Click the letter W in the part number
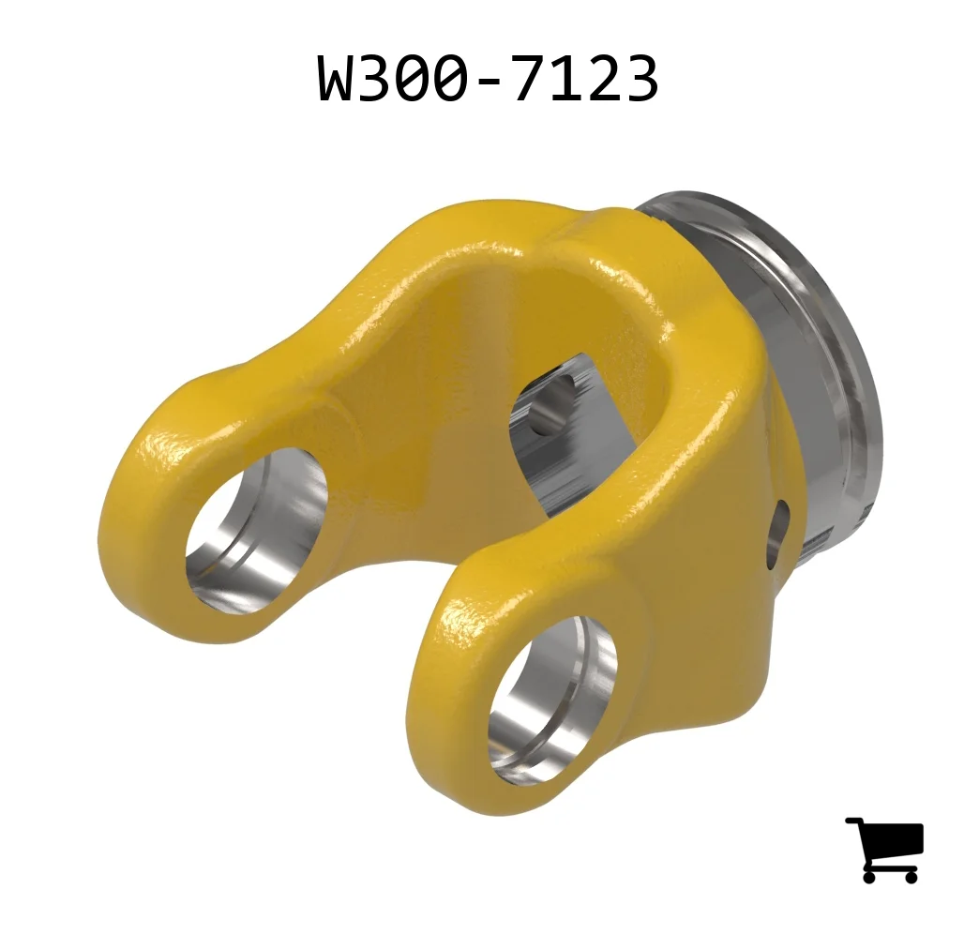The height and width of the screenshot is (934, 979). point(338,78)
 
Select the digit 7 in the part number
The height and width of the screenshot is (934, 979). point(530,78)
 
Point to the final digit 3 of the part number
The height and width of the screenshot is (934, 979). point(640,78)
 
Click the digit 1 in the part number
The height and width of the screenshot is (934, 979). point(567,78)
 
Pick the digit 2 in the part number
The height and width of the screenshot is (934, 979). point(603,78)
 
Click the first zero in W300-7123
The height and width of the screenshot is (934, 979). point(414,78)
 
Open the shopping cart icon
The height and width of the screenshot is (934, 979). point(884,850)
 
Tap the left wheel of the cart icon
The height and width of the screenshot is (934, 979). point(871,876)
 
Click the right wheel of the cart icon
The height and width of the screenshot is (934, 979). point(910,876)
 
